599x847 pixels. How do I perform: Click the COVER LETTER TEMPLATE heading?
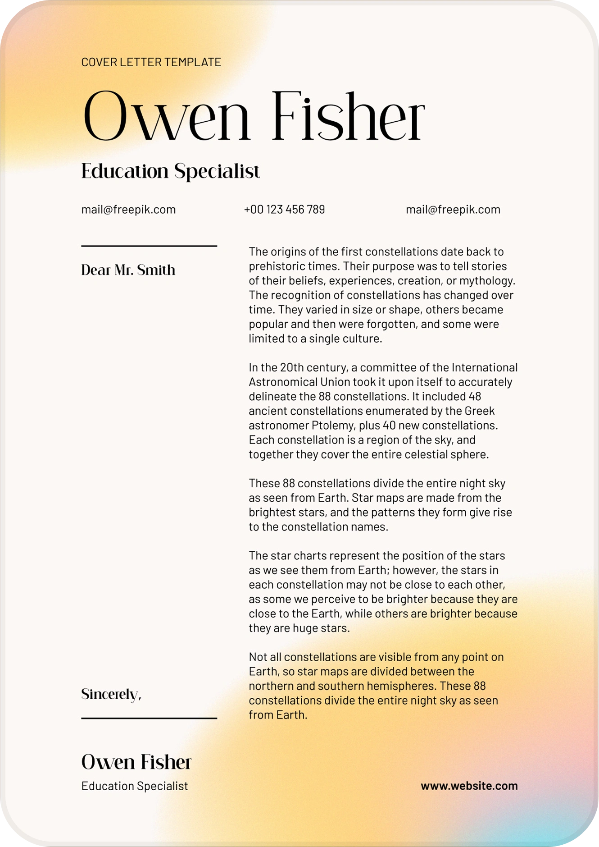151,62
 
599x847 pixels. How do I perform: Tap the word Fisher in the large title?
348,117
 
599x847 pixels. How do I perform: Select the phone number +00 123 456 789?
284,210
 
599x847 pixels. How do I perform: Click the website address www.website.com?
469,786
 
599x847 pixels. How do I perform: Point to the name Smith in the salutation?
156,270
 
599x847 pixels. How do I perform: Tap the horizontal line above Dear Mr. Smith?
149,246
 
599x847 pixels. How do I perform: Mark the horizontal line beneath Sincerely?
149,718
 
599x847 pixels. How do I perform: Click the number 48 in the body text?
475,396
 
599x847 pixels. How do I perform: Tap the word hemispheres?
402,686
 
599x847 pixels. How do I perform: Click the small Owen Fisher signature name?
136,762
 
